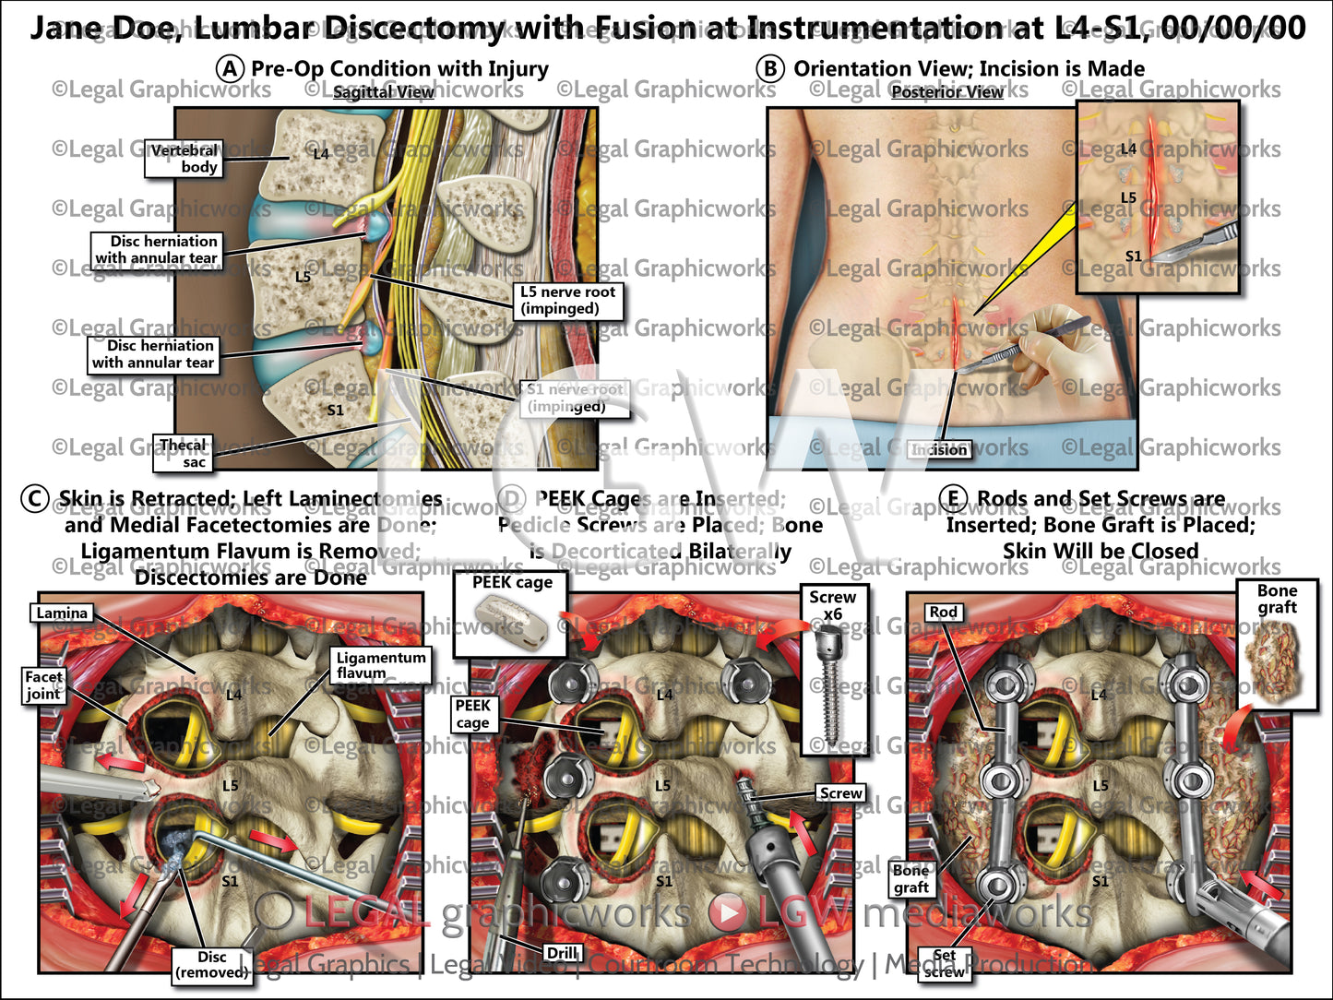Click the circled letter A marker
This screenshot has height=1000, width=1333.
[230, 69]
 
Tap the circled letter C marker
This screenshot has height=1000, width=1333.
[34, 499]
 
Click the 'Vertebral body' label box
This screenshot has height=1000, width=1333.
[184, 159]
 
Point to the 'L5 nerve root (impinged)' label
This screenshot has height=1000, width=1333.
[567, 300]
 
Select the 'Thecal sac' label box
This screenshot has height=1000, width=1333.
[183, 453]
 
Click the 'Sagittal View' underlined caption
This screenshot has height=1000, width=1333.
[383, 92]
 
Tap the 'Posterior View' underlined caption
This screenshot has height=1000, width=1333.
[946, 92]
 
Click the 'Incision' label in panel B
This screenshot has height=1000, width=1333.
[938, 449]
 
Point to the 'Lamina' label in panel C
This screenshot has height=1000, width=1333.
[62, 613]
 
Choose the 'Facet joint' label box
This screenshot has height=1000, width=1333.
[43, 685]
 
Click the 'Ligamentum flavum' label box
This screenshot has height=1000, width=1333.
[380, 665]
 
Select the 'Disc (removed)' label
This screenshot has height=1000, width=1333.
[211, 964]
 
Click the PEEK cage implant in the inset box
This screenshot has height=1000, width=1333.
[510, 620]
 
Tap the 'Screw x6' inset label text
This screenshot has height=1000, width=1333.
[832, 605]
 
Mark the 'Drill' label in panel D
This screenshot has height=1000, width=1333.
[562, 953]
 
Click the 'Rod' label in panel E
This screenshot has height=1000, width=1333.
[943, 612]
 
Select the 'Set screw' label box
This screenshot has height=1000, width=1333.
[944, 963]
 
